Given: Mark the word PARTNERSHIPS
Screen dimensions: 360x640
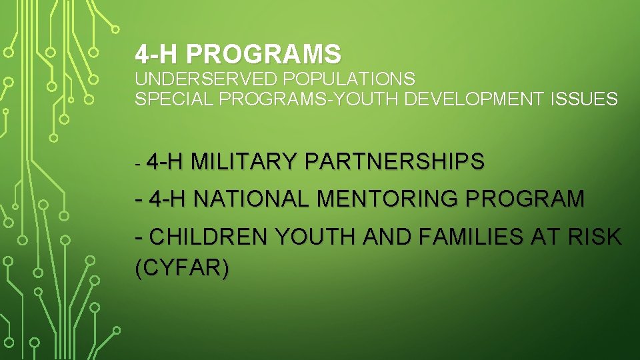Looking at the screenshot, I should (395, 161).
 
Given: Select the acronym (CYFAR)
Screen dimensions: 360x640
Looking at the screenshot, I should (182, 268).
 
